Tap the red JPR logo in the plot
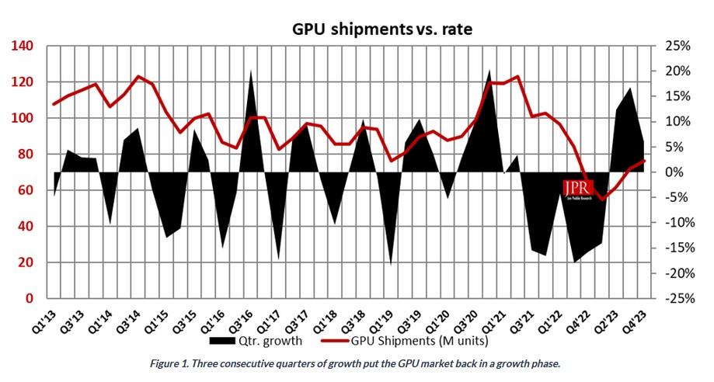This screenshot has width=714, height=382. click(x=578, y=189)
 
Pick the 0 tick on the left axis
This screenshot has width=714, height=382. click(x=29, y=299)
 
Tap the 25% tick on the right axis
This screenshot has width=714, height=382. click(x=676, y=46)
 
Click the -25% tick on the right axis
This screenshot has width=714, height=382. click(x=674, y=299)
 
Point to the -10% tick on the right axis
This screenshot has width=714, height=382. click(x=674, y=223)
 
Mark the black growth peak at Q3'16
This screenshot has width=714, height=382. click(x=251, y=71)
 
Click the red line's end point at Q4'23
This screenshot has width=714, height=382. click(x=644, y=161)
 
